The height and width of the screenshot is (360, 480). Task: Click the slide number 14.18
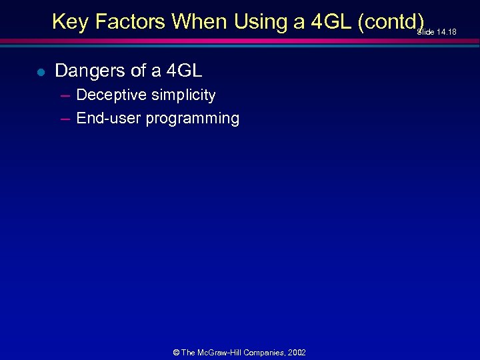[x=446, y=31]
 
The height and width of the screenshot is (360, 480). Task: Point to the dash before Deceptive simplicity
[x=65, y=95]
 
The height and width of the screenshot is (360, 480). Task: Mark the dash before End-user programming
[x=65, y=119]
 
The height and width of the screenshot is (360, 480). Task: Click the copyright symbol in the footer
[x=176, y=352]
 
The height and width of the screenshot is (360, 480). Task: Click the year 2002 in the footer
[x=297, y=352]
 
